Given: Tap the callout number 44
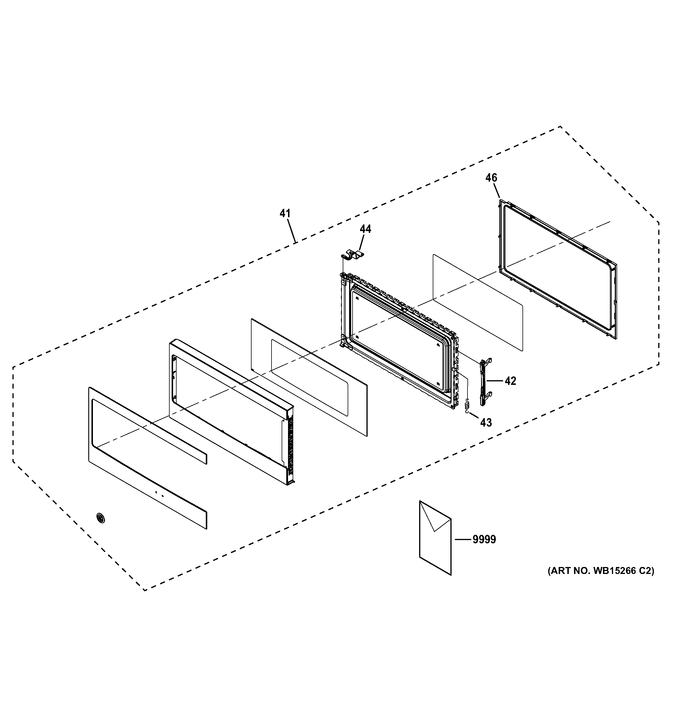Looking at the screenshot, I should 365,229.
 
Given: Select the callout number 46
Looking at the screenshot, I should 491,178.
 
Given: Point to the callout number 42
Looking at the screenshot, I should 510,381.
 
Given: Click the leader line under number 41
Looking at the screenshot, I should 291,231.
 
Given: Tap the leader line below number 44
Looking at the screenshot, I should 361,242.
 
